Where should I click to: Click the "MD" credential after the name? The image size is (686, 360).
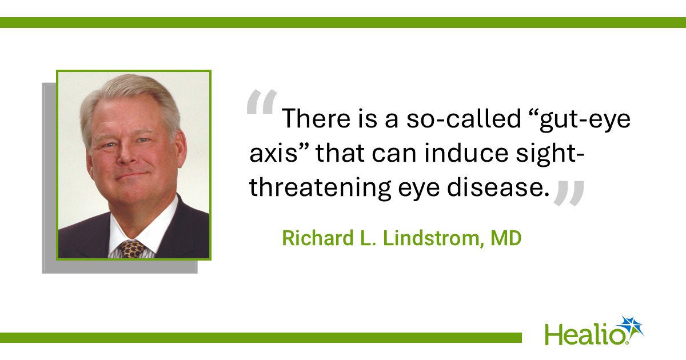click(x=506, y=238)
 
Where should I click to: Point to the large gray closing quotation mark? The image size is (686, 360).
click(x=569, y=193)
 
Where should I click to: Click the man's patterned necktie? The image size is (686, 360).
click(x=132, y=249)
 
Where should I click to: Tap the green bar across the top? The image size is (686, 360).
click(x=343, y=22)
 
